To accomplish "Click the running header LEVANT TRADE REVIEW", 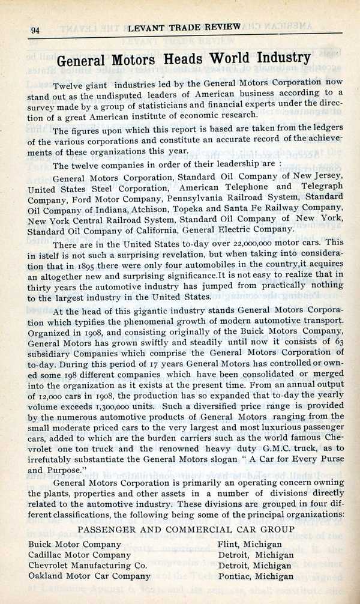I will click(184, 27).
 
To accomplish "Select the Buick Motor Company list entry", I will click(74, 543).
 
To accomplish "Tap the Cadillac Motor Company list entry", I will click(79, 554).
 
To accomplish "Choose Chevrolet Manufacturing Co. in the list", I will click(88, 565).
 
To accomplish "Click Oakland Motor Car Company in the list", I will click(84, 576).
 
